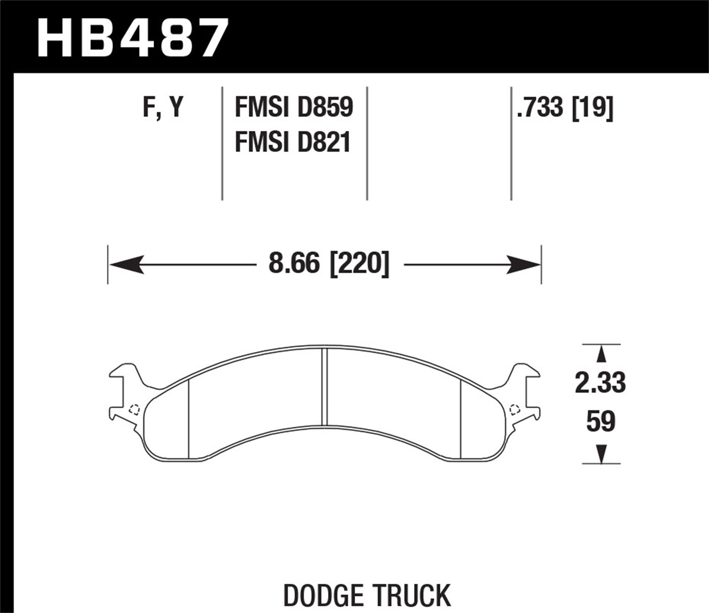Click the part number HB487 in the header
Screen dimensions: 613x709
click(133, 37)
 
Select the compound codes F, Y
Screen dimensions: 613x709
click(163, 108)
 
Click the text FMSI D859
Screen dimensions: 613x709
click(294, 108)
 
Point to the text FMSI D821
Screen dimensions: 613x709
click(293, 142)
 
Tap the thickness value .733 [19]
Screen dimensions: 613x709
click(565, 108)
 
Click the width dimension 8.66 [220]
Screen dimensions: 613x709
click(329, 264)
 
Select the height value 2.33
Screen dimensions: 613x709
click(600, 383)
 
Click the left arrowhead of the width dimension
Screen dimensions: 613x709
click(126, 264)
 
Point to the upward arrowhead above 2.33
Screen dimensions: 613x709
click(601, 354)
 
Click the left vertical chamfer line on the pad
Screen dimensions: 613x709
click(189, 419)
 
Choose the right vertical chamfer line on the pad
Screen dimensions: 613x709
click(460, 419)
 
